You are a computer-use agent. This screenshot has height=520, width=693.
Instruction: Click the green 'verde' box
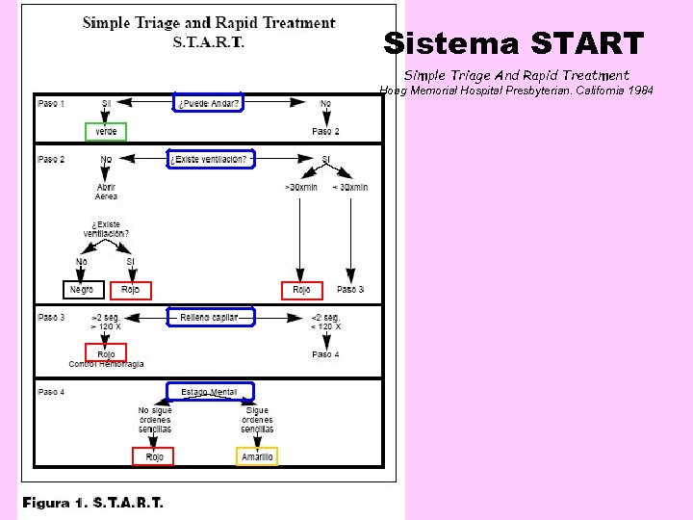(105, 132)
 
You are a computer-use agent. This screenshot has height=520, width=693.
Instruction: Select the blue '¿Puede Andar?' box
(208, 102)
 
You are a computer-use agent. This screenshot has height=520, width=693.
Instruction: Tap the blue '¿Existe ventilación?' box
(211, 160)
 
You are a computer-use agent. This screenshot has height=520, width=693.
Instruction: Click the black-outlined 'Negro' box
(83, 290)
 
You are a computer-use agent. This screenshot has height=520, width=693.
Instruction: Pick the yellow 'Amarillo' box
(257, 456)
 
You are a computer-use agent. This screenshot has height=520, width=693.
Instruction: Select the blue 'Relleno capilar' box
(211, 316)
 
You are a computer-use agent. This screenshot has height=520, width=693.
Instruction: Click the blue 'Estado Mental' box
(209, 392)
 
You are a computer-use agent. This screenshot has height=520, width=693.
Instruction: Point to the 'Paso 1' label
(51, 103)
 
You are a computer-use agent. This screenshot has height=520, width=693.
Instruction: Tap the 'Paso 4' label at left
(51, 392)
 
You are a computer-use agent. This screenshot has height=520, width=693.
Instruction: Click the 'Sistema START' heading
(513, 43)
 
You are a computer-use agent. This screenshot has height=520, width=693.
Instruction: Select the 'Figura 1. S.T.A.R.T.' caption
(93, 503)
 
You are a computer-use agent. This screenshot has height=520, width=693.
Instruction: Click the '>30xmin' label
(301, 187)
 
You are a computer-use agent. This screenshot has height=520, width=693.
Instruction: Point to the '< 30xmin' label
(350, 187)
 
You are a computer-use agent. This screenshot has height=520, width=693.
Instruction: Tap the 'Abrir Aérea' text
(106, 192)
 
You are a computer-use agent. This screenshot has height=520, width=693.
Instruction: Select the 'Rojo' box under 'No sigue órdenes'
(153, 456)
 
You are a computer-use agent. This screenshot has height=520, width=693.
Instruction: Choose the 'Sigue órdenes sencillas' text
(257, 420)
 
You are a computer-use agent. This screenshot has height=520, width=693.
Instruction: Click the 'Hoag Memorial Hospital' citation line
(516, 90)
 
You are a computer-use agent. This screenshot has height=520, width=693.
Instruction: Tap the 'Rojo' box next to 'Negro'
(131, 290)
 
